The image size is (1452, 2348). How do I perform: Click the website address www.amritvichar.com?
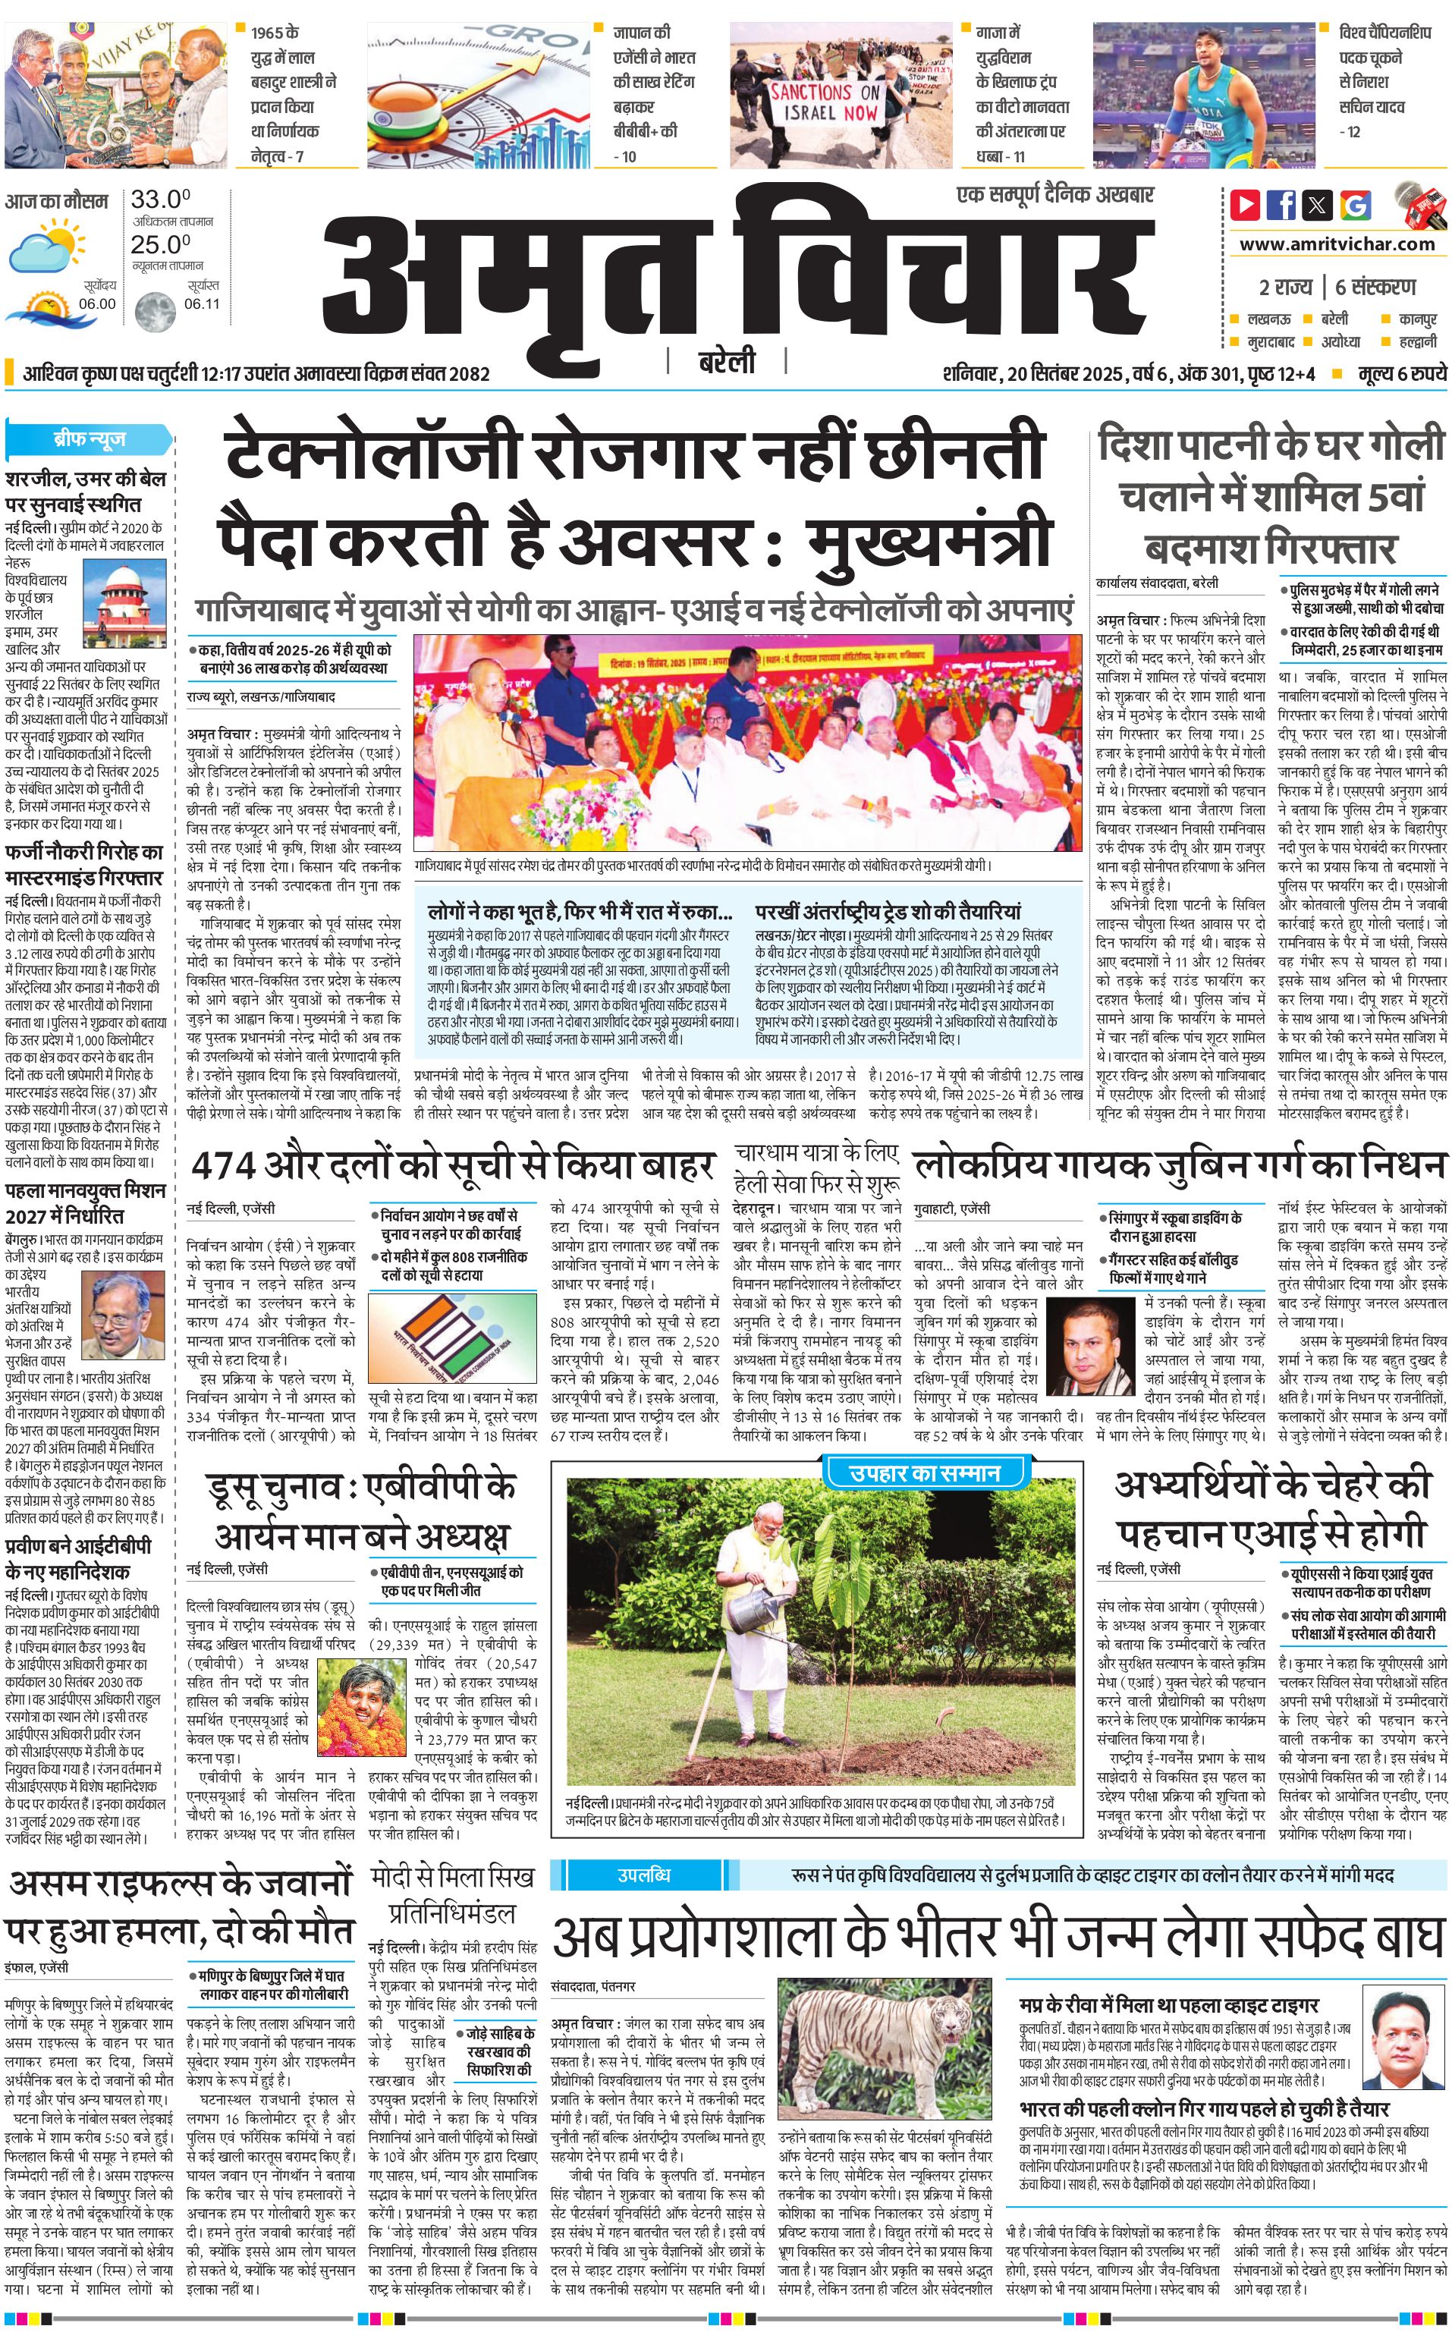tap(1337, 244)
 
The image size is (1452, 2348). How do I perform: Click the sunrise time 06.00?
tap(97, 304)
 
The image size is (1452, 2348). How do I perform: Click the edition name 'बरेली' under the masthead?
tap(726, 362)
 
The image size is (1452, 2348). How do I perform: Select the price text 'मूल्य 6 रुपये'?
tap(1402, 373)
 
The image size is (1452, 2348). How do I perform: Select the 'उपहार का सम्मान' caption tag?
tap(925, 1473)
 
